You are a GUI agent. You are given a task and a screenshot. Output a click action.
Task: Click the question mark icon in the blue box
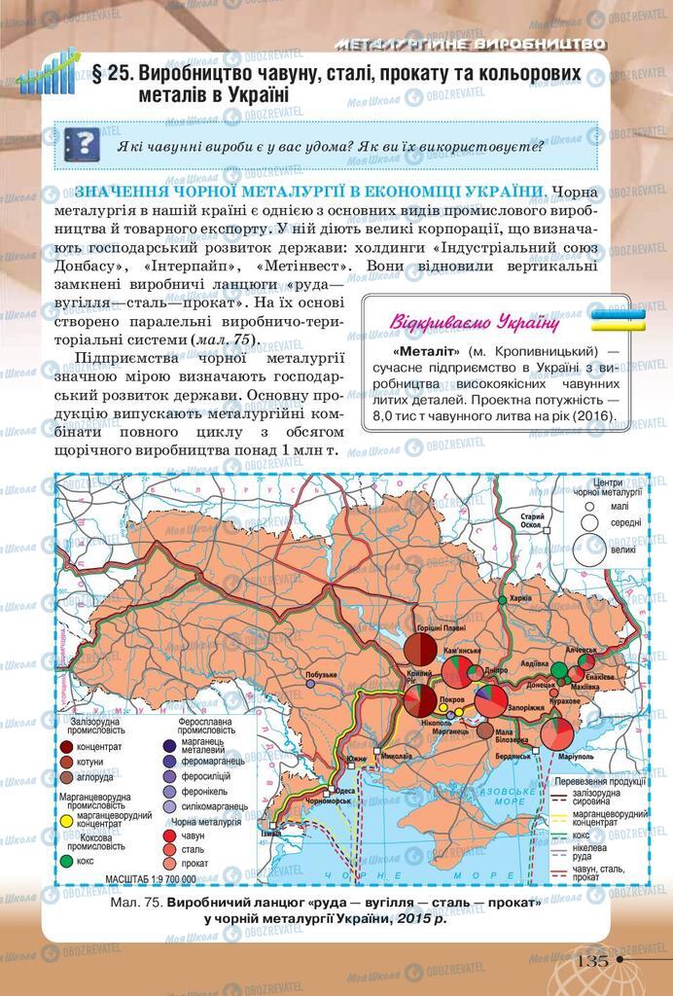coord(82,144)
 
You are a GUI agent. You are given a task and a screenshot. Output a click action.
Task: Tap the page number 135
coord(593,960)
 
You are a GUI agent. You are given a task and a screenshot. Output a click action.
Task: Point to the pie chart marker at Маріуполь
coord(557,732)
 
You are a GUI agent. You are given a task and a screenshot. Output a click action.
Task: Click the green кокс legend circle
coord(68,860)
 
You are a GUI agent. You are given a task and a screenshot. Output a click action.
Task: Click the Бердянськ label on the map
coord(512,755)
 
